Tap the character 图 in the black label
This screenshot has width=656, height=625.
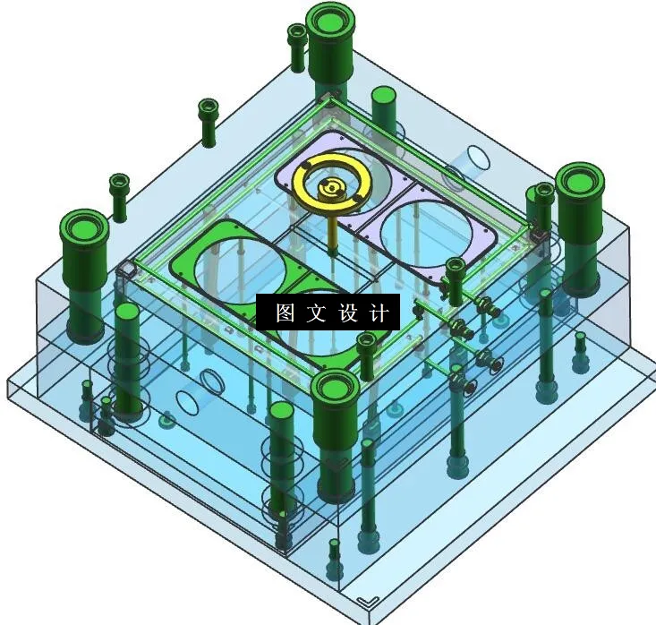click(x=285, y=313)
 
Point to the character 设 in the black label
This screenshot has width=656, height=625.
click(x=348, y=313)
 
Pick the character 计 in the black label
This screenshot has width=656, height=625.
click(x=379, y=313)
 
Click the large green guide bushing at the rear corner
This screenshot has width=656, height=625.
click(x=332, y=27)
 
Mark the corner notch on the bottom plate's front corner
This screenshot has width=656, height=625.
click(x=365, y=602)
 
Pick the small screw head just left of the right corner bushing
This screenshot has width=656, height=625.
click(x=542, y=192)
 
